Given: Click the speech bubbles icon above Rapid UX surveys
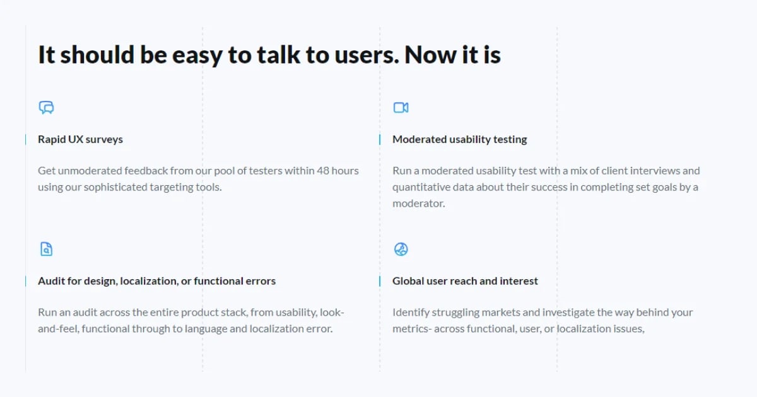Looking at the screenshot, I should click(x=46, y=108).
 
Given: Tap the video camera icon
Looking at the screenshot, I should click(x=401, y=108).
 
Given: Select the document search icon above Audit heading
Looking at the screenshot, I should click(x=46, y=249).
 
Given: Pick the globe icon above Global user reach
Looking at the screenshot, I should click(x=401, y=250).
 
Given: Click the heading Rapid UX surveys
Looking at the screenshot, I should click(x=80, y=139).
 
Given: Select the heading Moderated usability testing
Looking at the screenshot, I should click(x=459, y=139).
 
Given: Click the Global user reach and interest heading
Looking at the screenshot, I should click(x=465, y=281).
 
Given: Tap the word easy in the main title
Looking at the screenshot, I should click(x=195, y=55).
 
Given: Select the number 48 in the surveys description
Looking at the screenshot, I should click(x=323, y=171).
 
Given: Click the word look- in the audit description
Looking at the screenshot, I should click(x=333, y=313).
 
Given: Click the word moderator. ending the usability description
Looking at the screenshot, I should click(x=418, y=204).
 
